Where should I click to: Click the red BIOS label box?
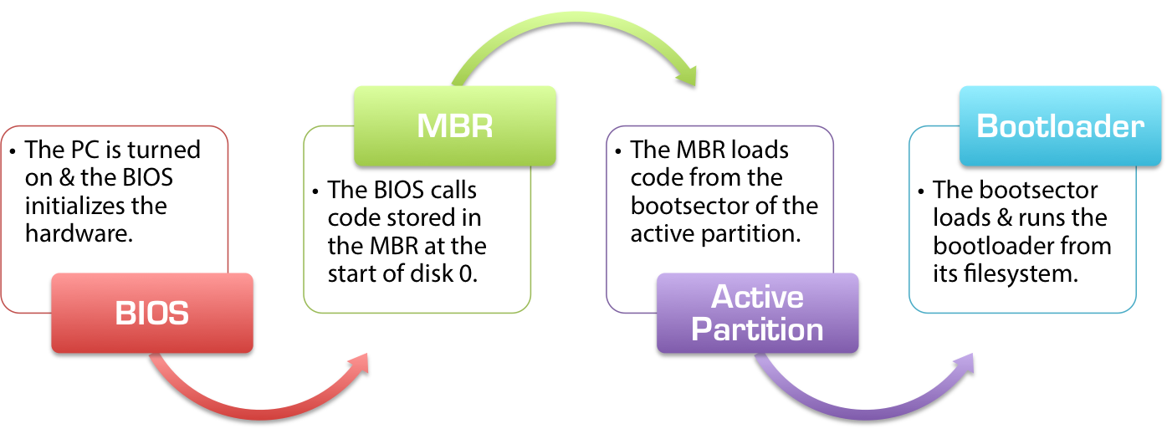pos(151,313)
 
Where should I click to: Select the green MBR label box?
pos(454,125)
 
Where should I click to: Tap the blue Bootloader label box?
pos(1060,125)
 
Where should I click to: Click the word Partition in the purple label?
pos(757,329)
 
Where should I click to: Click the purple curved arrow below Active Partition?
pos(862,397)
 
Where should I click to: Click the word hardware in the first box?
pos(78,233)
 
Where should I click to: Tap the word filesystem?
pos(1026,273)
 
